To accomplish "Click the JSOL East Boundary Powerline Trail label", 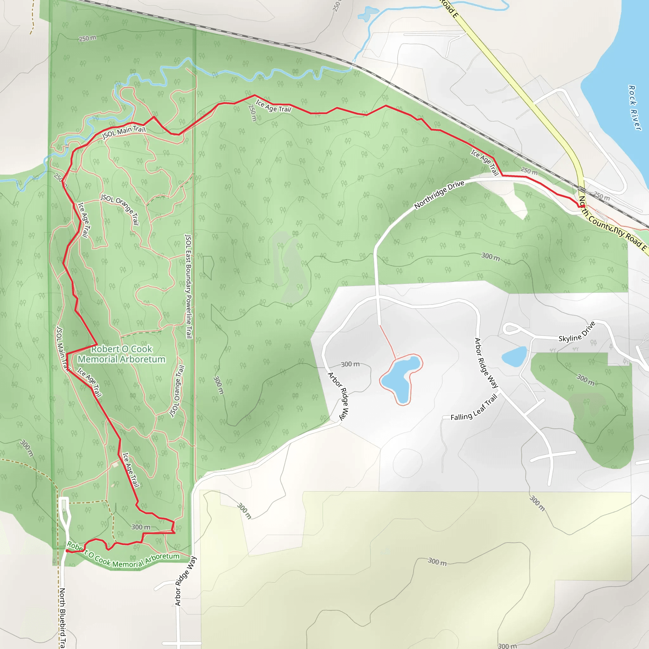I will point(189,286).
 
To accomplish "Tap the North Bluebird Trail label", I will point(62,617).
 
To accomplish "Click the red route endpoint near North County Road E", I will point(583,206).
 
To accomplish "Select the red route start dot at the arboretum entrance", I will point(67,551).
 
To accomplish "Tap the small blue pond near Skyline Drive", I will point(514,356).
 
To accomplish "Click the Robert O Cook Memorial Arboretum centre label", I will point(122,354).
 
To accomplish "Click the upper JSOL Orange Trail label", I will point(120,209).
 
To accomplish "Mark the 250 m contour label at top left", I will point(87,39).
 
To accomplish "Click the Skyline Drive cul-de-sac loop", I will point(511,328).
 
